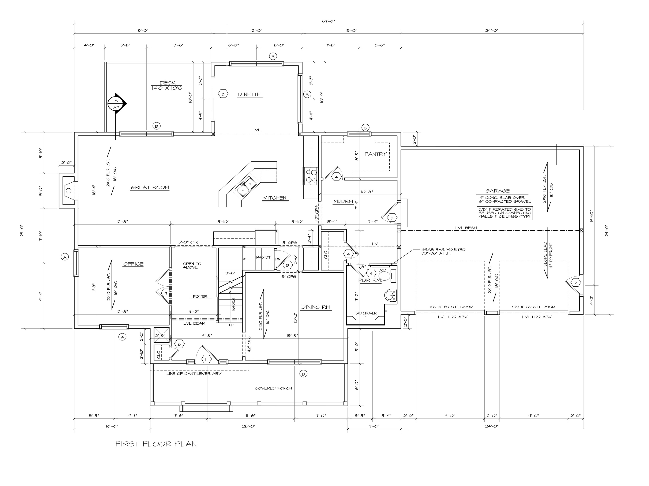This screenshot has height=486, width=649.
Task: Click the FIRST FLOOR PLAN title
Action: pyautogui.click(x=156, y=444)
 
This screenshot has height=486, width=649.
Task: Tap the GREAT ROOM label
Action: pyautogui.click(x=150, y=187)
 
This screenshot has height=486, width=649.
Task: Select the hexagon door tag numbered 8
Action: pyautogui.click(x=223, y=94)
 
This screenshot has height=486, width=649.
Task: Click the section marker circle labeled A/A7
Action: pyautogui.click(x=116, y=104)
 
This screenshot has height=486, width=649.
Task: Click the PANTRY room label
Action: pyautogui.click(x=375, y=154)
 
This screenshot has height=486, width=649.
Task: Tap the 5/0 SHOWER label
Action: pyautogui.click(x=366, y=313)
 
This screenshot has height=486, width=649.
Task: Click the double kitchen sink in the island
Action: pyautogui.click(x=246, y=187)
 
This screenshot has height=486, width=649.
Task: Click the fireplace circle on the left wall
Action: pyautogui.click(x=68, y=191)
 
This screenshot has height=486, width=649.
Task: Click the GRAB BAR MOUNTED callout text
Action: pyautogui.click(x=443, y=251)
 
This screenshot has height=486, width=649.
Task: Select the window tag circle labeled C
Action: pyautogui.click(x=365, y=128)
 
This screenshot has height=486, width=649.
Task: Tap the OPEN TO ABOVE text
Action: pyautogui.click(x=192, y=265)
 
